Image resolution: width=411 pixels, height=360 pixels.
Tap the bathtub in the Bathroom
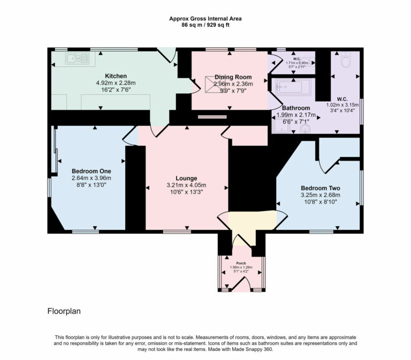[292, 86]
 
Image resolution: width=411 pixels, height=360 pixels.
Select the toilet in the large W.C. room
[346, 61]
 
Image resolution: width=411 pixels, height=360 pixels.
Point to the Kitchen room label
[116, 76]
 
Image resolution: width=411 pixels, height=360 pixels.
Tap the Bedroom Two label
[320, 188]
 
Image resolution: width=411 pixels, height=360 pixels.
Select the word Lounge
[186, 178]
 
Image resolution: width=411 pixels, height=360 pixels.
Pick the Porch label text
[241, 264]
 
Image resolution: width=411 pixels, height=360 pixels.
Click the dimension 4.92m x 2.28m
[116, 83]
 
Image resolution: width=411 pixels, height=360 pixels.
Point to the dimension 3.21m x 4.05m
[186, 186]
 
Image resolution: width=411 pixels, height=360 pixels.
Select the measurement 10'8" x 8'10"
[320, 202]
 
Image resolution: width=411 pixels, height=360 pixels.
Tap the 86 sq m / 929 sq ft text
[205, 25]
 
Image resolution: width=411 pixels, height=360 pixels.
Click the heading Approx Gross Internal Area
[205, 18]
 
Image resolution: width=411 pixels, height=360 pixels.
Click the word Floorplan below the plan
[64, 311]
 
